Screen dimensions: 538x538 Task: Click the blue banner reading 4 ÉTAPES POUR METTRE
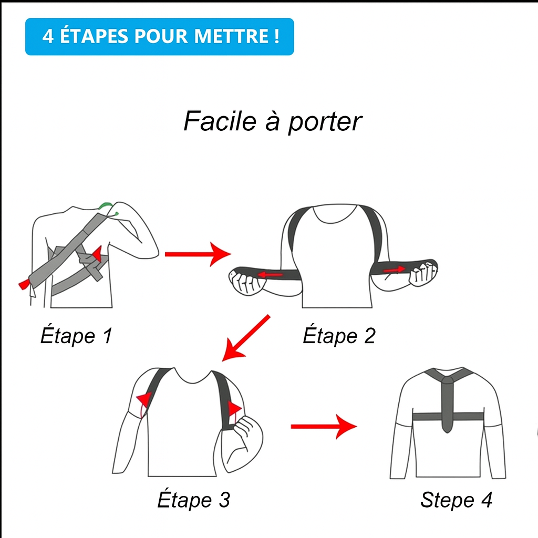pyautogui.click(x=159, y=37)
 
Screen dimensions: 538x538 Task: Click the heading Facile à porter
pyautogui.click(x=272, y=121)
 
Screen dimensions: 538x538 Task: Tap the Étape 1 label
pyautogui.click(x=76, y=336)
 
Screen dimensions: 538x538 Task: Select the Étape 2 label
pyautogui.click(x=339, y=336)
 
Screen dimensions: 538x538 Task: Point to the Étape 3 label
pyautogui.click(x=193, y=500)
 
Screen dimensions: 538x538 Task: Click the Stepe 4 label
pyautogui.click(x=456, y=500)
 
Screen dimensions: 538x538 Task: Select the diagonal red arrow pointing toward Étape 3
pyautogui.click(x=246, y=338)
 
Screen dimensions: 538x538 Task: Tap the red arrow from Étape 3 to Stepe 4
pyautogui.click(x=323, y=426)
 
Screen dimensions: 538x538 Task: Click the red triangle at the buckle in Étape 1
pyautogui.click(x=96, y=254)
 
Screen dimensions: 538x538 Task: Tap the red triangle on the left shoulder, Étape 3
pyautogui.click(x=144, y=400)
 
